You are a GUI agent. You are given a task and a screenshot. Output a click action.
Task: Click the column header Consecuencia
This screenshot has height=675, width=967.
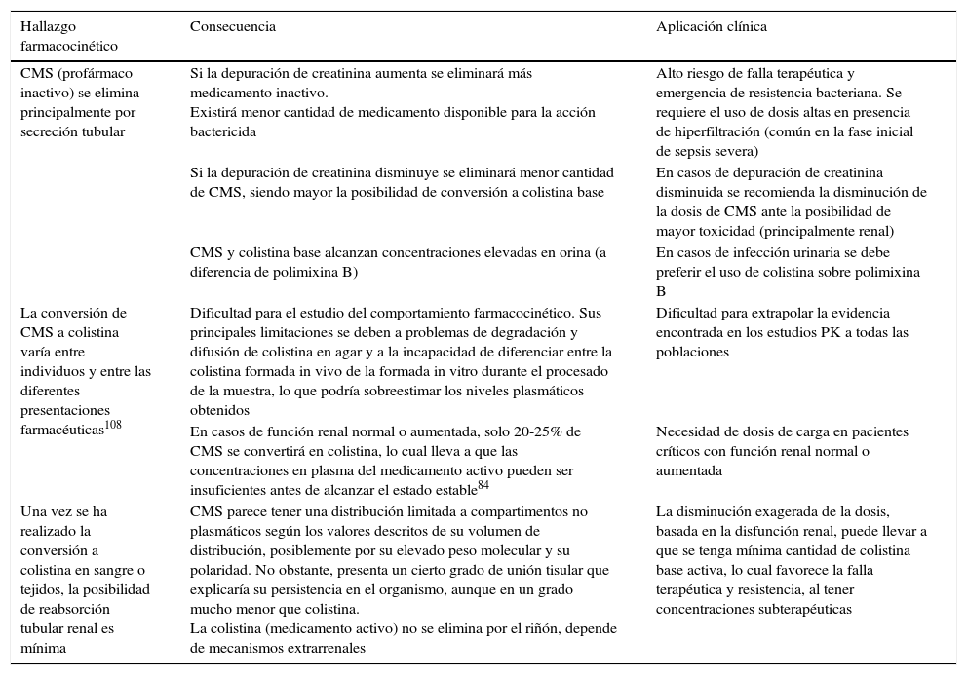232,27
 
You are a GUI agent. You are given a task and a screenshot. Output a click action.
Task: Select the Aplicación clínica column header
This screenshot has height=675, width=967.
711,27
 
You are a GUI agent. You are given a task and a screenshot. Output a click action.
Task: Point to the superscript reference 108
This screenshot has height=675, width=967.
113,424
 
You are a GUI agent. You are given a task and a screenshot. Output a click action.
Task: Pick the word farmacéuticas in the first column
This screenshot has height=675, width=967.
60,430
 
